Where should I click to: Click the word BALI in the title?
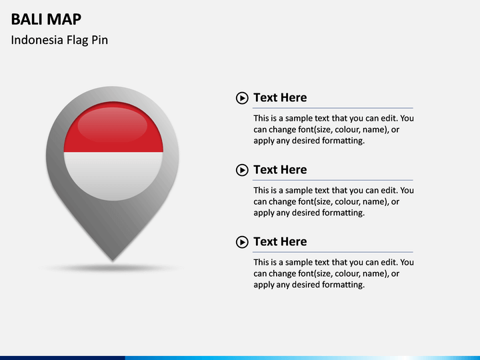(x=26, y=19)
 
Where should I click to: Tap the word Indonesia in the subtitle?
(x=37, y=40)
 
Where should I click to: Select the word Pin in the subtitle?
(x=100, y=40)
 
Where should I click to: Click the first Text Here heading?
(x=280, y=98)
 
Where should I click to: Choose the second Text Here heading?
(x=280, y=170)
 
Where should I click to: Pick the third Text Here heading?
(x=280, y=242)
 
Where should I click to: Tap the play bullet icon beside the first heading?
(x=242, y=99)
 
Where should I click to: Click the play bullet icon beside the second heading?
(x=242, y=171)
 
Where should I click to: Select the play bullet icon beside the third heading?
(x=242, y=243)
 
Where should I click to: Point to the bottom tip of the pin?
(x=113, y=259)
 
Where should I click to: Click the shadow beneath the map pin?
(x=113, y=268)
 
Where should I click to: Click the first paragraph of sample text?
(x=333, y=129)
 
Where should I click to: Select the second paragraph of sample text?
(x=333, y=201)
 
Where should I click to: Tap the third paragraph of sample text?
(x=333, y=273)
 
